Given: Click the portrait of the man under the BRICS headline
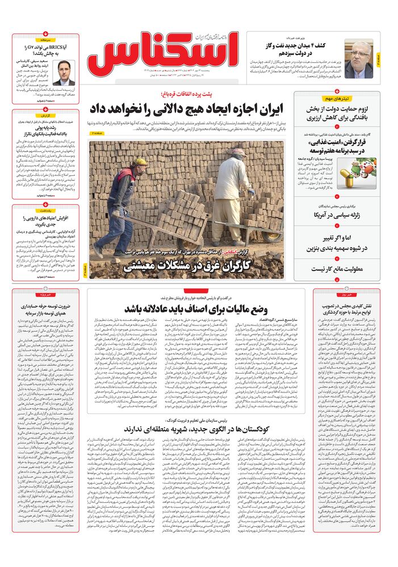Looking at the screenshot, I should point(68,70).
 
